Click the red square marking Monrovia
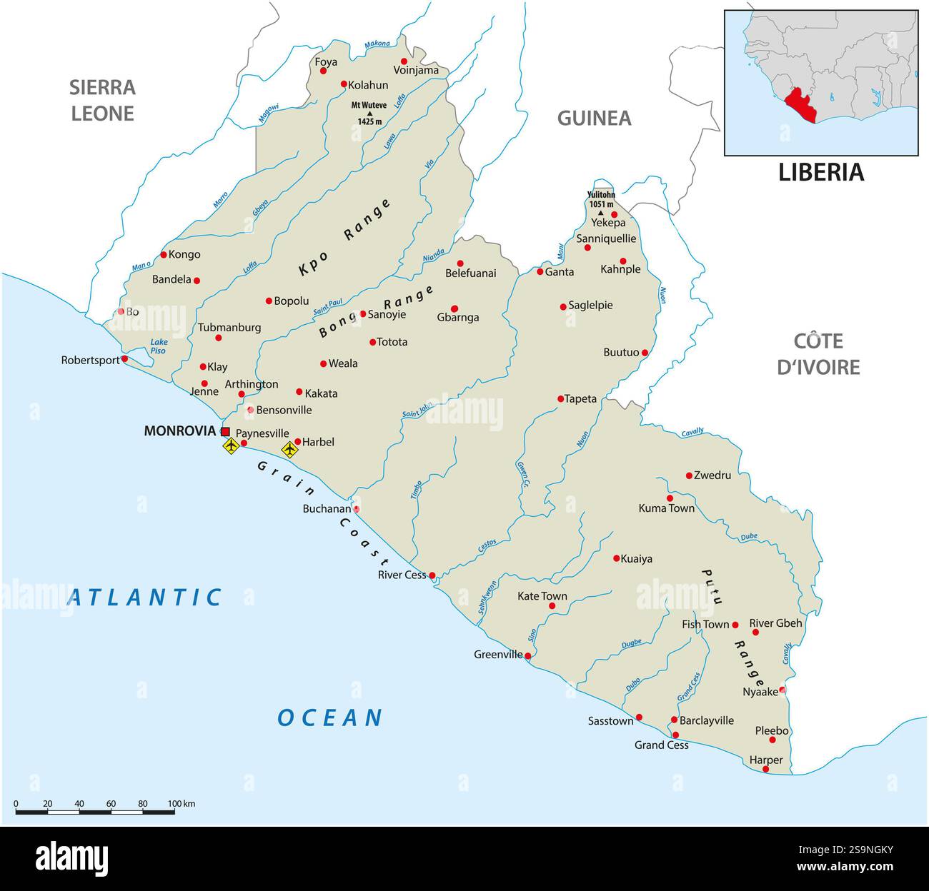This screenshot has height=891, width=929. (225, 431)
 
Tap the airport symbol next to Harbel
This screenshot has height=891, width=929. (289, 449)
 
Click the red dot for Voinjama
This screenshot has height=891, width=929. (404, 61)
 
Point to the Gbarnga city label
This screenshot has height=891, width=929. (457, 318)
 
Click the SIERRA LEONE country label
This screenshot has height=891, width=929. (102, 100)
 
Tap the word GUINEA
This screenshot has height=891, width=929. (594, 118)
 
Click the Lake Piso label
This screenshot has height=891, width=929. (158, 346)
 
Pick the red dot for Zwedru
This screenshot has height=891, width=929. (689, 475)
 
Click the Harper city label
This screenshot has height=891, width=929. (765, 760)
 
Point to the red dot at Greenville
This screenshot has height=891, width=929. (528, 655)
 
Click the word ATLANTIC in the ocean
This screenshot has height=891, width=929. (144, 597)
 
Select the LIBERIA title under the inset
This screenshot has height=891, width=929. (820, 172)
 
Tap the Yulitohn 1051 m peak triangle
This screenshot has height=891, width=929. (600, 213)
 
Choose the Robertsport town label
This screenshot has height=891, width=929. (90, 361)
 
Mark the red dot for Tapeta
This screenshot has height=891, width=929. (561, 398)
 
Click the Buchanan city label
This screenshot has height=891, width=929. (327, 509)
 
